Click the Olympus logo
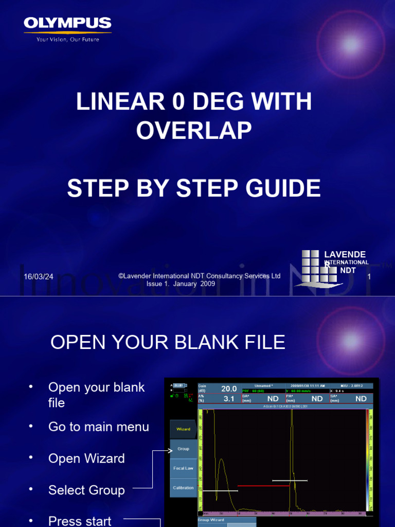[67, 24]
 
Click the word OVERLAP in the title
[194, 131]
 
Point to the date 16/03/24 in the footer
[39, 277]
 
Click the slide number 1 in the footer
[369, 277]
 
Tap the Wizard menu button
[183, 429]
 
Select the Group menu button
[183, 449]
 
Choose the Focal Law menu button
[183, 468]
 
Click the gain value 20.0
[229, 389]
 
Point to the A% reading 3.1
[229, 399]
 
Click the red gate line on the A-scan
[263, 486]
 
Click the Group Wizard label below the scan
[211, 520]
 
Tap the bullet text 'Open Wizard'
[86, 459]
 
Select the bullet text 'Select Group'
[86, 490]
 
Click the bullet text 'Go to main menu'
[99, 427]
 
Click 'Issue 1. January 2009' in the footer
[181, 284]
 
